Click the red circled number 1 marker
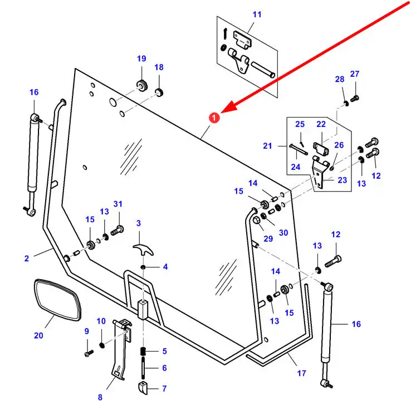(214, 118)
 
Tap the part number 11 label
(256, 14)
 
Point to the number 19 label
(141, 58)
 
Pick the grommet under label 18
(159, 91)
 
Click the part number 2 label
(26, 258)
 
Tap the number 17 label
(301, 373)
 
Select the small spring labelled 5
(143, 352)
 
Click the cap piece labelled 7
(143, 387)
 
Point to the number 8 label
(100, 397)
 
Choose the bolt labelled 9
(87, 353)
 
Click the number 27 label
(355, 74)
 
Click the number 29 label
(268, 238)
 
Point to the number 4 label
(165, 267)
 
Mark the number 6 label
(164, 368)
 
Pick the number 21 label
(267, 146)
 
